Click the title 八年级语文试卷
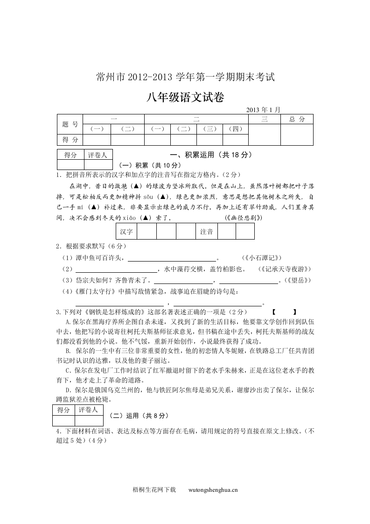[x=185, y=98]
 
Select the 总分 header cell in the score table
[x=297, y=120]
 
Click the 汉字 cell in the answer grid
[x=126, y=231]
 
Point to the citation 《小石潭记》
[x=262, y=258]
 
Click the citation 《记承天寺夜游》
[x=284, y=269]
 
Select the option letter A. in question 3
[x=68, y=322]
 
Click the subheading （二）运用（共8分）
[x=138, y=416]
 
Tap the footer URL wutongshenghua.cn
[x=213, y=490]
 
